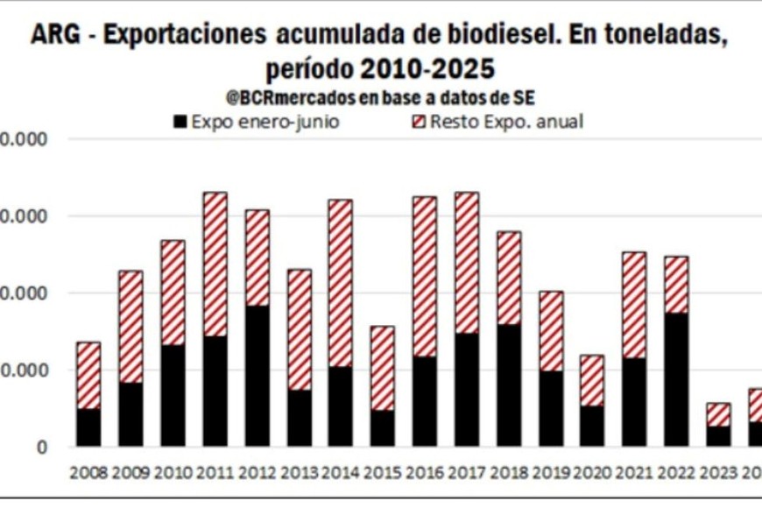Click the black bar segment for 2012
[257, 375]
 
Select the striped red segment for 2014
[341, 282]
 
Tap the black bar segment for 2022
[675, 378]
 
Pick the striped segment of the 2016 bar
[425, 276]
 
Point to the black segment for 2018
[508, 385]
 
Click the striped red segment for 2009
[131, 326]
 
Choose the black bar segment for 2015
[383, 427]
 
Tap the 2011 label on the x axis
[215, 473]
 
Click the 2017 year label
[467, 473]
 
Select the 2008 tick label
[88, 473]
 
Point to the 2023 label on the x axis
[718, 473]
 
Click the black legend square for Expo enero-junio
[180, 122]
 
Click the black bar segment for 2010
[173, 395]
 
